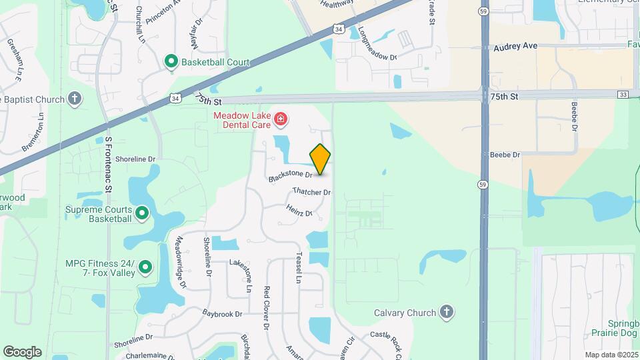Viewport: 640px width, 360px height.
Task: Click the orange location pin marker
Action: point(321,159)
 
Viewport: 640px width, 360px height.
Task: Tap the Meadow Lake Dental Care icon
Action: point(281,120)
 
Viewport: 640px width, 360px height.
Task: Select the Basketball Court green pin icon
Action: point(171,62)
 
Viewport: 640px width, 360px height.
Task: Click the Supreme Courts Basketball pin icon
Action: point(142,213)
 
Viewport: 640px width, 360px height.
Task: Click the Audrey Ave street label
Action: point(515,47)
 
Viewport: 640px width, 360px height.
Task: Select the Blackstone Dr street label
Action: point(291,176)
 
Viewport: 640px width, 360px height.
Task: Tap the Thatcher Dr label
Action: point(311,192)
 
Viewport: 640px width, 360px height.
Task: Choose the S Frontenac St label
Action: point(109,165)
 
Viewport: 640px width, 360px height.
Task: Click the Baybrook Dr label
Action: point(222,313)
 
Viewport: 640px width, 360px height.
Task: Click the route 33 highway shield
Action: point(622,95)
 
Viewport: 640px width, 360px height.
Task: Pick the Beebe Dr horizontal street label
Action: point(504,155)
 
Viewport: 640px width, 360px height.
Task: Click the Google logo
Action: point(23,352)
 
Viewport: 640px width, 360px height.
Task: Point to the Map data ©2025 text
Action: point(611,355)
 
